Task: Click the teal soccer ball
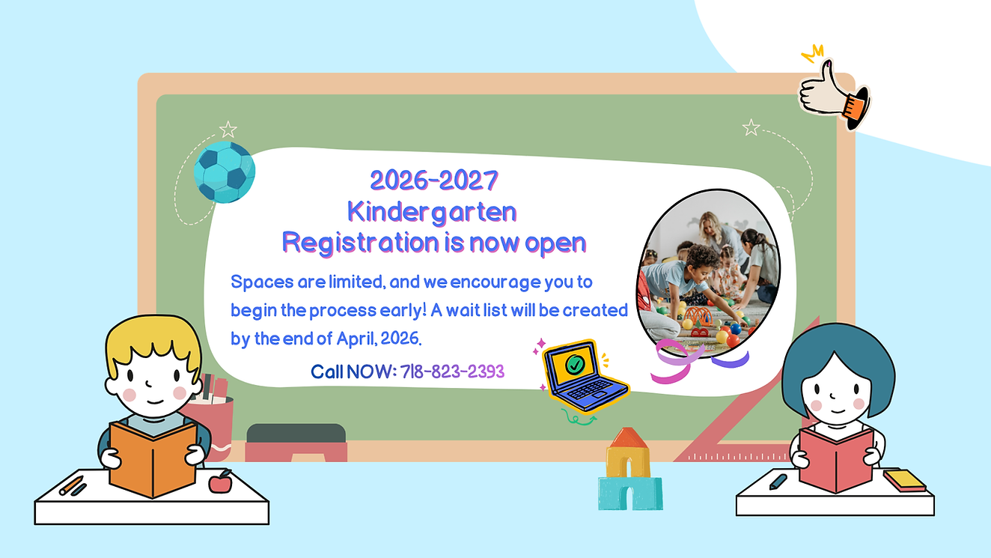point(224,172)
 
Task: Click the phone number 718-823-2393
point(452,371)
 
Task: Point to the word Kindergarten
point(432,211)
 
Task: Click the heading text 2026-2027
point(434,181)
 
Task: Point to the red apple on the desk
point(220,482)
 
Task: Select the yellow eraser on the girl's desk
point(903,479)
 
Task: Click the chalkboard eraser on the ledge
point(296,443)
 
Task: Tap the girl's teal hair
point(838,352)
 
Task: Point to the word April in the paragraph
point(354,339)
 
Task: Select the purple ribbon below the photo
point(730,360)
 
